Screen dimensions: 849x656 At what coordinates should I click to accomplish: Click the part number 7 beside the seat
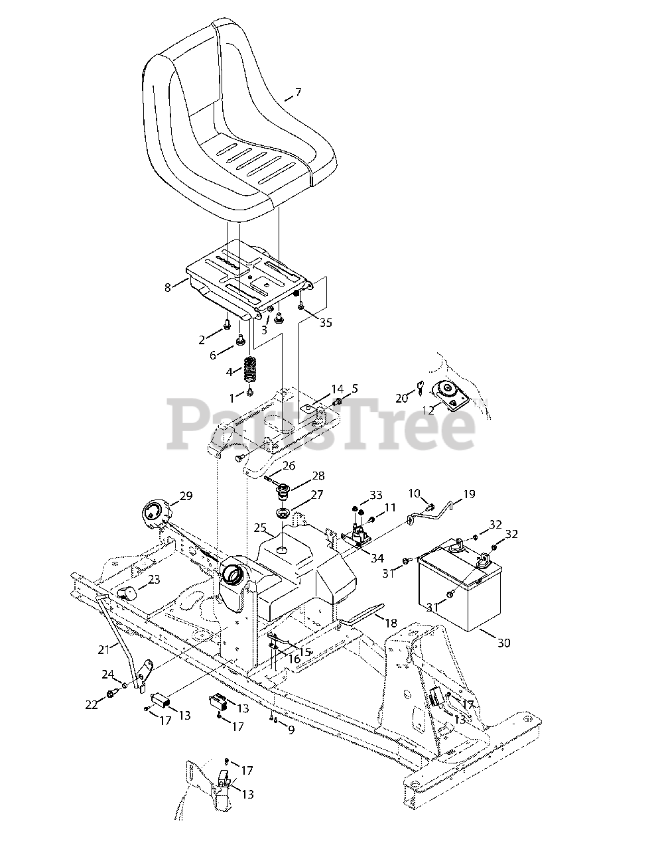click(298, 92)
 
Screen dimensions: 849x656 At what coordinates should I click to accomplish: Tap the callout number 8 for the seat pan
click(167, 287)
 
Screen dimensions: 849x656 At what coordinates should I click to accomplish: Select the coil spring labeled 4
click(250, 370)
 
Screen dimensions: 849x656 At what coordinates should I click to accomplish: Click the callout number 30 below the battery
click(504, 643)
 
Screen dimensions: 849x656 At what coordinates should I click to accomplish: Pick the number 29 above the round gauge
click(186, 496)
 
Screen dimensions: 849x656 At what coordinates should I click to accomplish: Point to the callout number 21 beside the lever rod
click(103, 649)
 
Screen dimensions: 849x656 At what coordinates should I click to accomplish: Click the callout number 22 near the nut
click(92, 704)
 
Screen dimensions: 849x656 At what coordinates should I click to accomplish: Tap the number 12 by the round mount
click(428, 411)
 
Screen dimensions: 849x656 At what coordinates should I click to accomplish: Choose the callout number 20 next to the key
click(402, 398)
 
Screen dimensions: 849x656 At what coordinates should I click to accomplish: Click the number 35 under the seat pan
click(325, 323)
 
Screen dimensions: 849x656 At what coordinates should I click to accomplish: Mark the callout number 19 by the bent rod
click(469, 494)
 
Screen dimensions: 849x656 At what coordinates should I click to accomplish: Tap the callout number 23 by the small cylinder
click(154, 580)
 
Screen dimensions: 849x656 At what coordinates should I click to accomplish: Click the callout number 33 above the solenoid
click(376, 495)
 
